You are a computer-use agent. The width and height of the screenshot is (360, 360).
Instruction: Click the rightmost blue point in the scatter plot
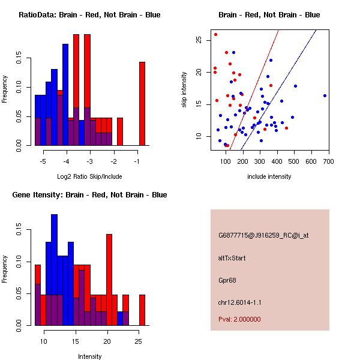point(325,95)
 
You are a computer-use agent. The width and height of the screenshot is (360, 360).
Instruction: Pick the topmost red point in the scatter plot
point(215,34)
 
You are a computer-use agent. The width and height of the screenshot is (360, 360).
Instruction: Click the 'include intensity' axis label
point(269,176)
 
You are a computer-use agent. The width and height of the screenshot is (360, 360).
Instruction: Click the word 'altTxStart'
point(232,258)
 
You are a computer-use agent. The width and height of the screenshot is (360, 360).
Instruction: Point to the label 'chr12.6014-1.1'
point(239,302)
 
